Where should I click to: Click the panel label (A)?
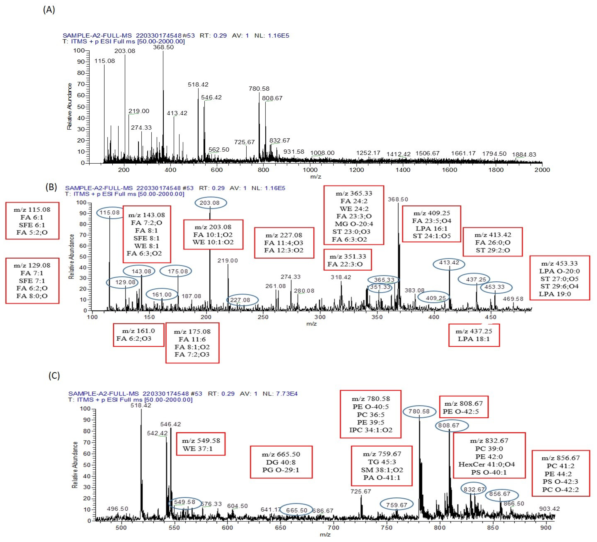click(49, 10)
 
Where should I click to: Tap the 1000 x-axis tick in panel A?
click(310, 170)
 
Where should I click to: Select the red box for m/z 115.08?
click(32, 221)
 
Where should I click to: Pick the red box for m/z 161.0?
click(138, 335)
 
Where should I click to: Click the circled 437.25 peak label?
click(474, 279)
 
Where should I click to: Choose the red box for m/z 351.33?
click(347, 260)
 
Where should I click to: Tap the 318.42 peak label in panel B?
click(341, 277)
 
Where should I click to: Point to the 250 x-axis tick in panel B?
click(263, 317)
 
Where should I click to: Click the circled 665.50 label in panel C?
click(296, 510)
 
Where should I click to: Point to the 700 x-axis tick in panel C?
click(333, 527)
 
